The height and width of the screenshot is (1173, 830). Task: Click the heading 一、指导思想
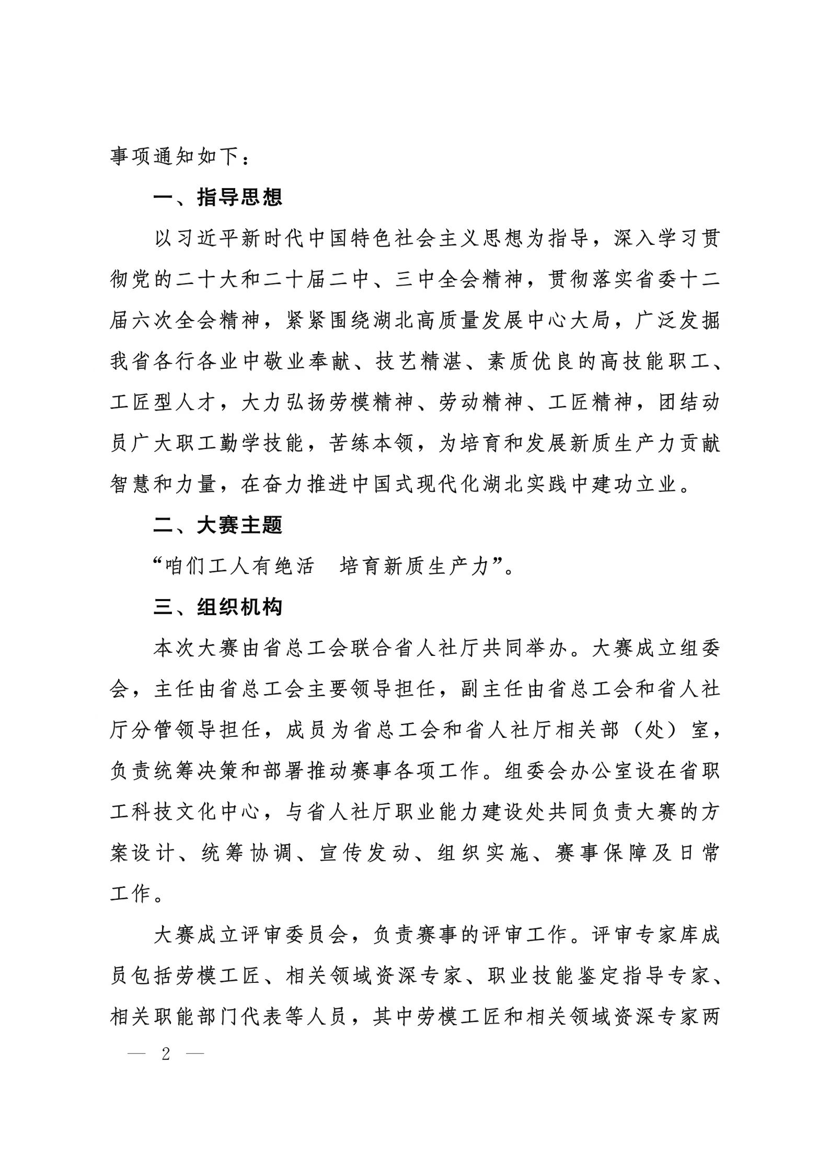point(217,198)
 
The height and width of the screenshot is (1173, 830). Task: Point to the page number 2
point(166,1054)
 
